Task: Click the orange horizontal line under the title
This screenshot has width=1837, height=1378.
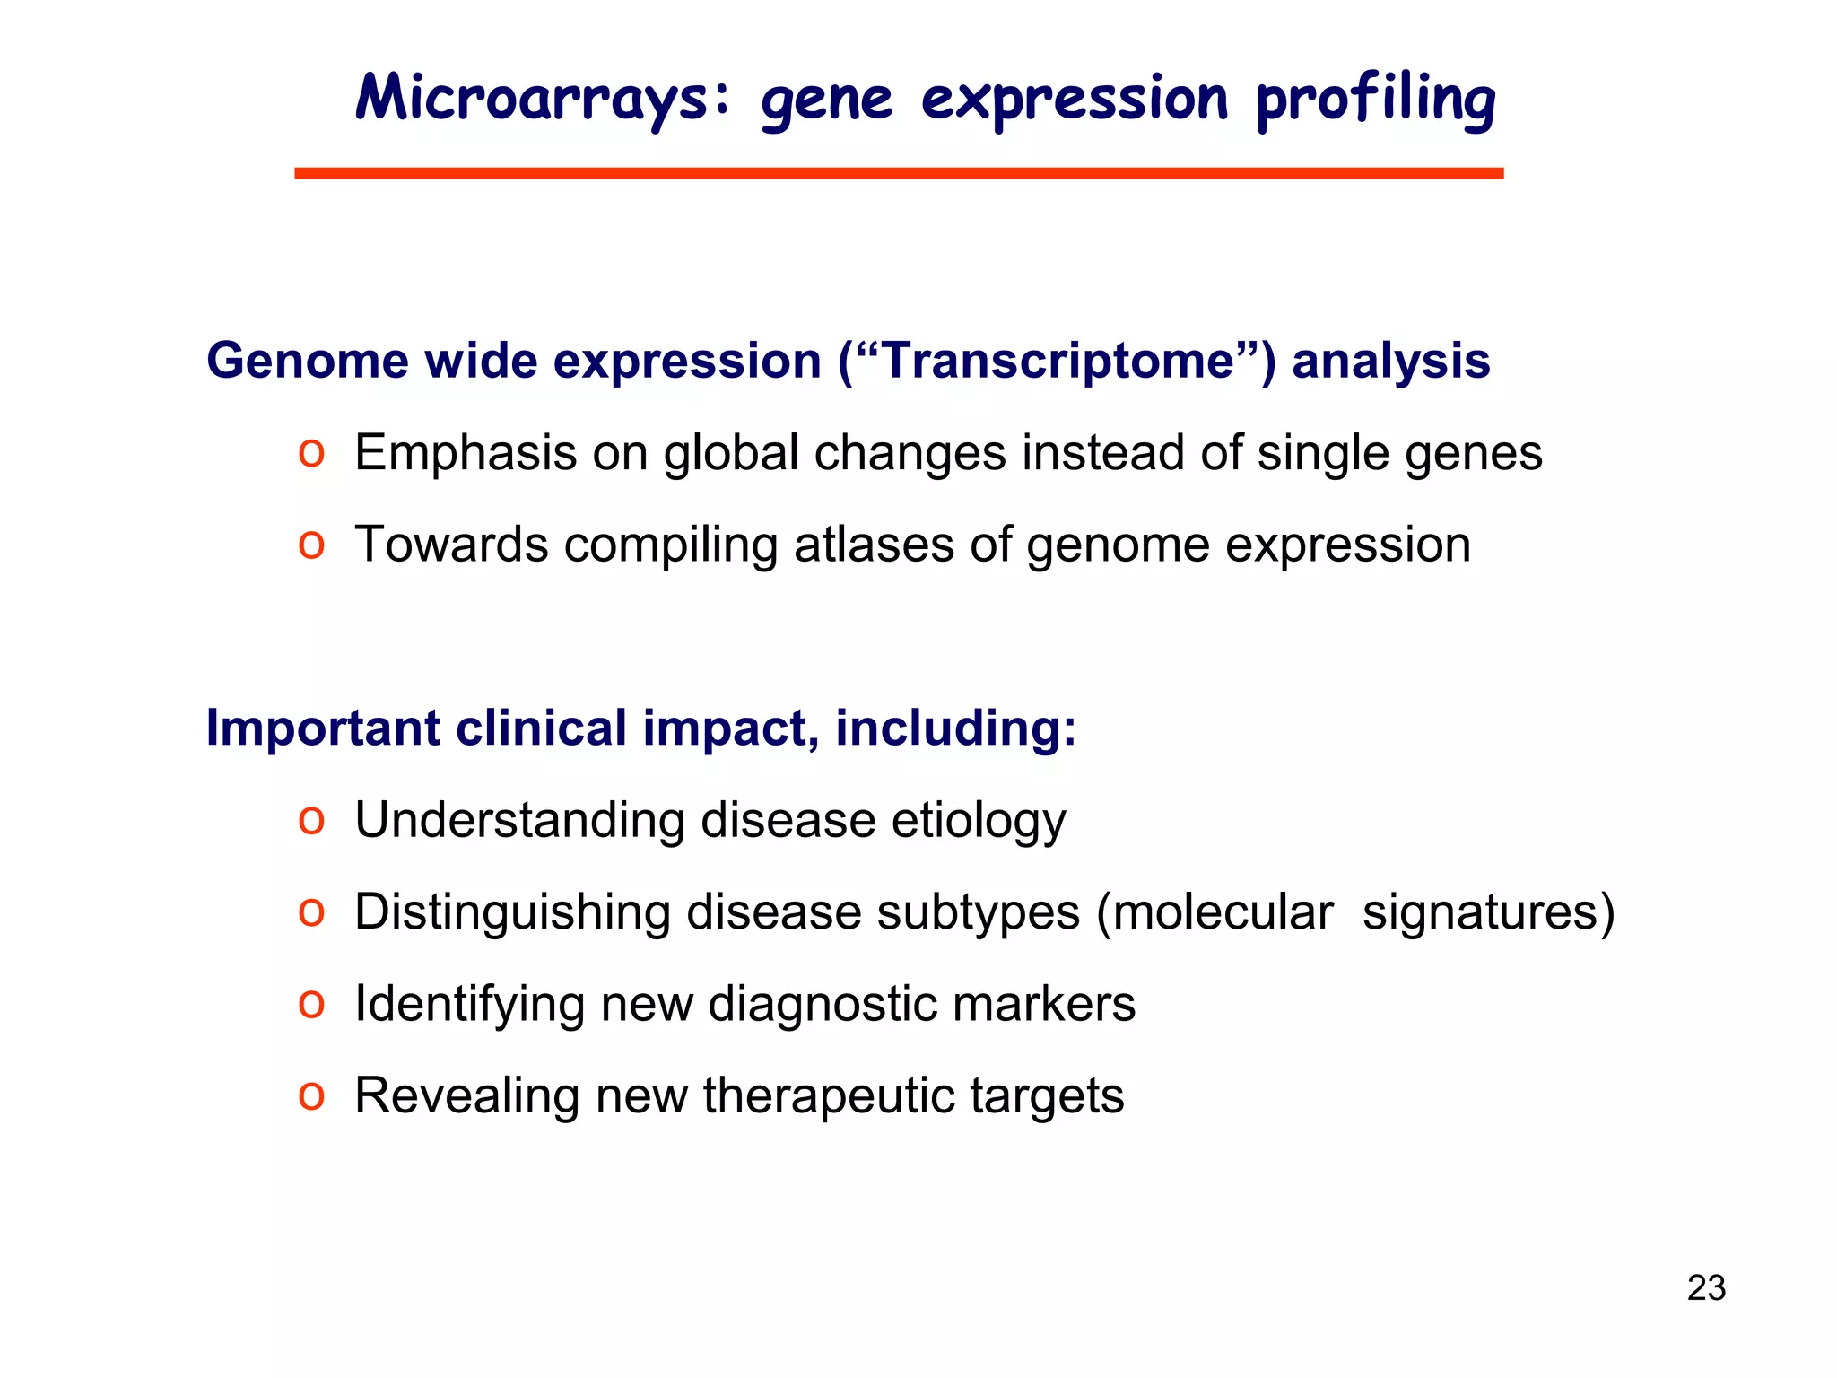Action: point(899,173)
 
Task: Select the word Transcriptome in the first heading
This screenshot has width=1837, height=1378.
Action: point(1058,361)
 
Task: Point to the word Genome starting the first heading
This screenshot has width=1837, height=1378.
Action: point(308,361)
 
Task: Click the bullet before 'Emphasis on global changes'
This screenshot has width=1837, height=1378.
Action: point(311,453)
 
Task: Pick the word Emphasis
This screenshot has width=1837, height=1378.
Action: point(465,453)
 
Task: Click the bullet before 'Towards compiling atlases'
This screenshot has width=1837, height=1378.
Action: point(311,545)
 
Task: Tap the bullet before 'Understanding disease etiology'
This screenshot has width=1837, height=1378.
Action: point(311,821)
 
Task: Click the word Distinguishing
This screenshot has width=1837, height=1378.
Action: point(512,912)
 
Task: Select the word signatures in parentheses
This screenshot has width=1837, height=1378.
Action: point(1480,912)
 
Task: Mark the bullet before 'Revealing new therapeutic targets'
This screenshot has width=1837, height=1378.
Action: point(311,1096)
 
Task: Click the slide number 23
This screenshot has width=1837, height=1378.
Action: point(1706,1288)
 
